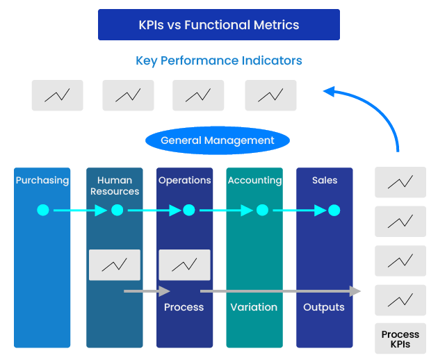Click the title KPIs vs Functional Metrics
[x=218, y=25]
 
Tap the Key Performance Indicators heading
[x=218, y=60]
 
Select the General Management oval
[x=217, y=140]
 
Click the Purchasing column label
[x=42, y=180]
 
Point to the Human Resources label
[x=115, y=186]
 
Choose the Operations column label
[x=184, y=180]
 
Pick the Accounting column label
[x=254, y=180]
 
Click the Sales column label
[x=325, y=180]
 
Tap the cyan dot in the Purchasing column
[x=43, y=210]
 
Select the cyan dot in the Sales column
[x=334, y=210]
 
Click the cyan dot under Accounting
[x=262, y=210]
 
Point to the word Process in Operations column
[x=184, y=307]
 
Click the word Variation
[x=254, y=307]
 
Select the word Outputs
[x=324, y=307]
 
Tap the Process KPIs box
[x=400, y=339]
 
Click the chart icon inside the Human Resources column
[x=115, y=265]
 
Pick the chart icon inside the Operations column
[x=184, y=265]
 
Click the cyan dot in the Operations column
[x=189, y=210]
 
